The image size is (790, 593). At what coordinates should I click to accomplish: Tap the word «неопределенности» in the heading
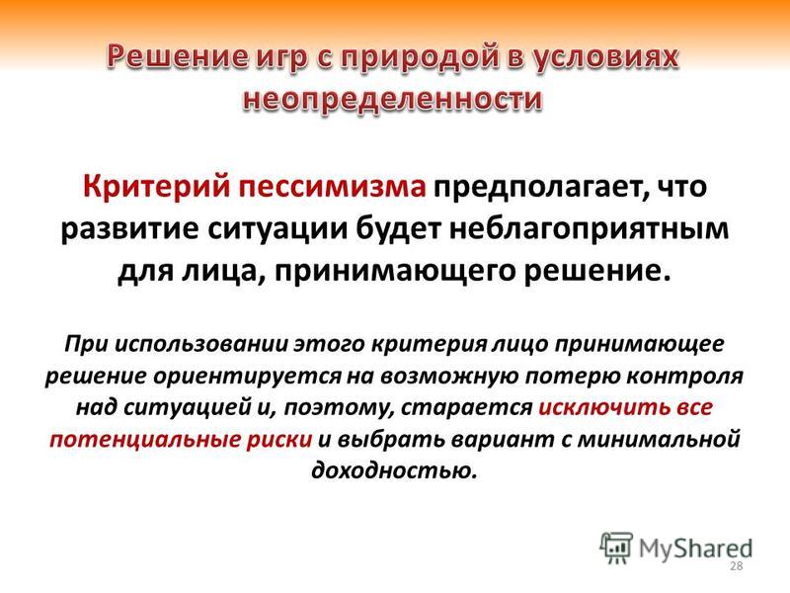[x=392, y=98]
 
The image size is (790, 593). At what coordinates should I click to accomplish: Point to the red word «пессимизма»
[x=332, y=187]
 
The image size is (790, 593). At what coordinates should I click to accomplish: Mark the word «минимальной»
[x=659, y=439]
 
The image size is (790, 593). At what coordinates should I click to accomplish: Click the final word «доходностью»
[x=394, y=471]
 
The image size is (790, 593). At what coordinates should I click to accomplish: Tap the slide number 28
[x=736, y=565]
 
